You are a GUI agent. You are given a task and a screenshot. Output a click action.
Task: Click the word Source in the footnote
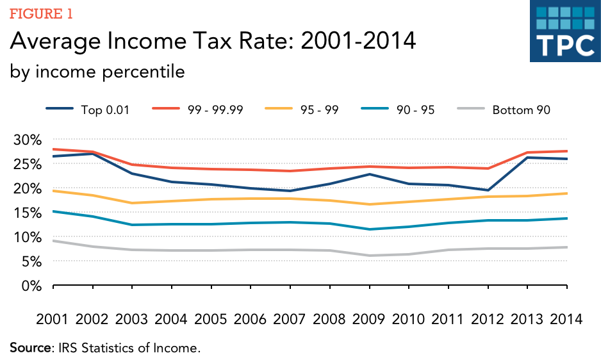(x=28, y=348)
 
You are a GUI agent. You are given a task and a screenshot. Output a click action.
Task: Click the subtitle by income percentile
(x=97, y=72)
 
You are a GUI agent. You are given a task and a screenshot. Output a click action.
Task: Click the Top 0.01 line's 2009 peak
(x=370, y=174)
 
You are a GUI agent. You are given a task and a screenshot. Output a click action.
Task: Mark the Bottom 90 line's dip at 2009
(x=370, y=256)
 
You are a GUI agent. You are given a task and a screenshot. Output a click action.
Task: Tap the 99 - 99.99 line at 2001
(x=53, y=149)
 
